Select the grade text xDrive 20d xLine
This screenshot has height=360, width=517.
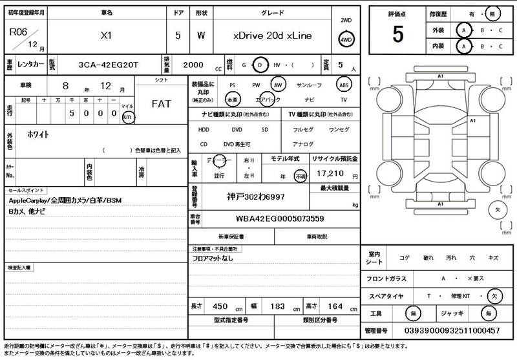click(x=272, y=36)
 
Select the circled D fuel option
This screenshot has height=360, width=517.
click(x=260, y=65)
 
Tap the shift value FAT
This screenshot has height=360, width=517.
click(x=162, y=103)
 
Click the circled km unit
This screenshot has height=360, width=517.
click(x=128, y=117)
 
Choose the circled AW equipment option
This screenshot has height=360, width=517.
click(x=278, y=85)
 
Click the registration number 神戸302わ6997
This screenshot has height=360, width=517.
click(x=256, y=196)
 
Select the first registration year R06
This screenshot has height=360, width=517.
click(x=19, y=31)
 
